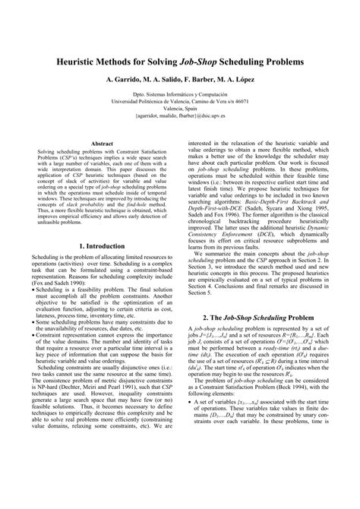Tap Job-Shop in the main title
point(204,59)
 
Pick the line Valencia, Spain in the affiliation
point(180,110)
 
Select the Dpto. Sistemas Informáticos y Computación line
point(180,94)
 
